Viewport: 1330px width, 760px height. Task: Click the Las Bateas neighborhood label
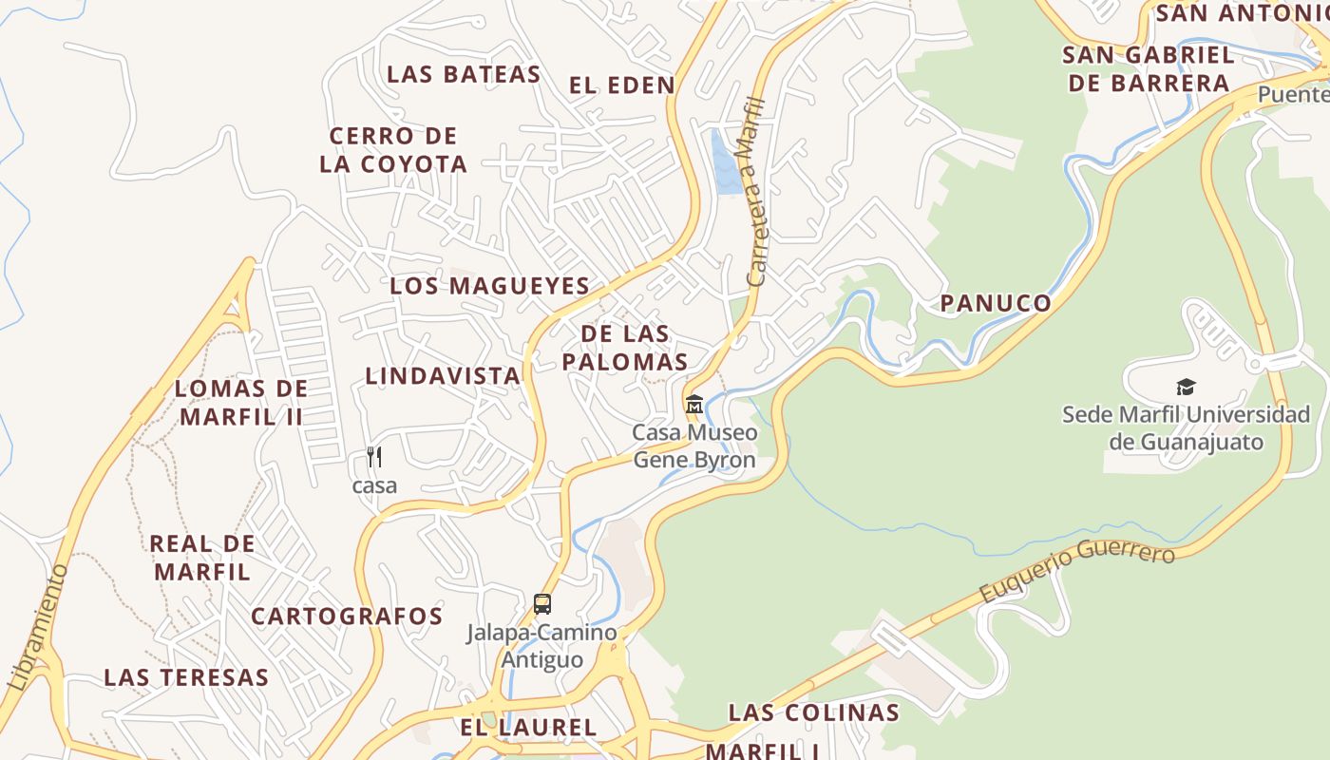click(464, 74)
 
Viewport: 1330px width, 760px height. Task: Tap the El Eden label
click(622, 85)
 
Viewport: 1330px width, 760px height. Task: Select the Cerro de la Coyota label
click(393, 149)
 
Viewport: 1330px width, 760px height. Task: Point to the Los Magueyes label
click(489, 285)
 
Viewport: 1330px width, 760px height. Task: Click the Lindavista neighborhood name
click(443, 375)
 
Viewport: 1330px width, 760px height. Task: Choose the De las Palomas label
click(624, 348)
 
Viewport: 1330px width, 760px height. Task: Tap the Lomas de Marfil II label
click(241, 402)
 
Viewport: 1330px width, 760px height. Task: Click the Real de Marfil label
click(202, 558)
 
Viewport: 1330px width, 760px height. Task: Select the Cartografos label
click(347, 616)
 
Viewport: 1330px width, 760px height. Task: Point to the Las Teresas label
click(186, 677)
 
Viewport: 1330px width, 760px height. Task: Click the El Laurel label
click(528, 728)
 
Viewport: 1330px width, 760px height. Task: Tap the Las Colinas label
click(813, 712)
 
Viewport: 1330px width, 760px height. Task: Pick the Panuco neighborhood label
click(996, 303)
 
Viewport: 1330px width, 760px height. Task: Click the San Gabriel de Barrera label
click(1149, 68)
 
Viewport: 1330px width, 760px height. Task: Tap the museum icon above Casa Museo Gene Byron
click(694, 404)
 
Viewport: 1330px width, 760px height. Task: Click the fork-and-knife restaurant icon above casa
click(374, 457)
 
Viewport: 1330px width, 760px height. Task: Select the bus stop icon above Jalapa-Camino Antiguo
click(542, 603)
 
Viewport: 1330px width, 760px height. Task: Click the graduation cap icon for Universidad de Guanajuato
click(1186, 387)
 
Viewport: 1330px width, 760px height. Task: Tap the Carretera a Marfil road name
click(756, 191)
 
